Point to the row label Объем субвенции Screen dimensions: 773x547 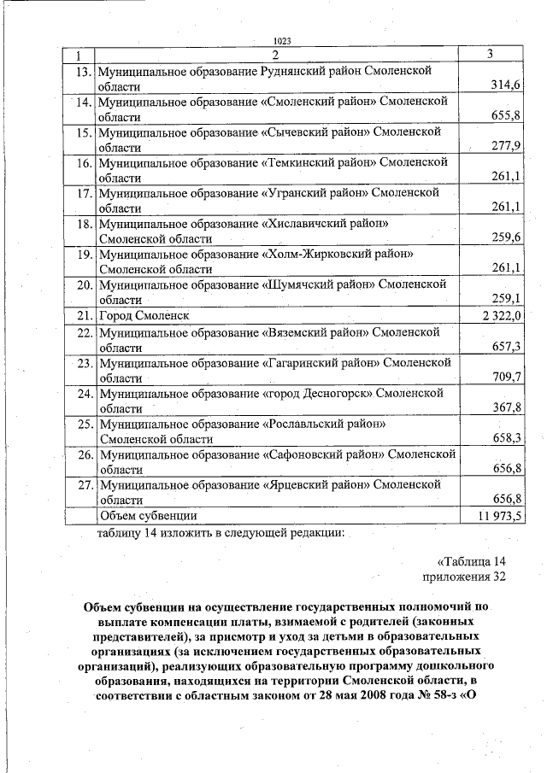(150, 516)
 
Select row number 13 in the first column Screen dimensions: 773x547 (83, 72)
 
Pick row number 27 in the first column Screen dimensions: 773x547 (83, 485)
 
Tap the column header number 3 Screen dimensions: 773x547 (490, 55)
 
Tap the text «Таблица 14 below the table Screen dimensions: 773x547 (473, 561)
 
